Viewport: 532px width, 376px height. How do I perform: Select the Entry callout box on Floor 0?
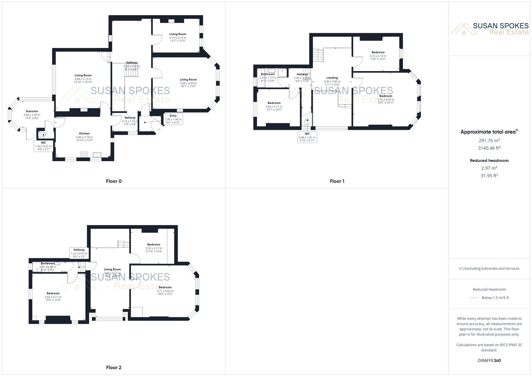click(173, 119)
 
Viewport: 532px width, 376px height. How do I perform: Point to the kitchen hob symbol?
click(84, 155)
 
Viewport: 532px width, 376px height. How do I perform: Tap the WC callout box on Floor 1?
click(307, 137)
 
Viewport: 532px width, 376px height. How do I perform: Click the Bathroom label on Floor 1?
click(268, 74)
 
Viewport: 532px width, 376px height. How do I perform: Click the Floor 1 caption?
click(337, 181)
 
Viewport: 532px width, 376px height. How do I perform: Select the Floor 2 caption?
click(114, 367)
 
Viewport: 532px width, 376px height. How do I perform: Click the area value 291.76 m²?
click(489, 140)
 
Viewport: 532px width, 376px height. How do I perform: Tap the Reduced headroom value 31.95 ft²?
click(489, 175)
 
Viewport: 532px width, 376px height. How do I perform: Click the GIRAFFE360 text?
click(489, 360)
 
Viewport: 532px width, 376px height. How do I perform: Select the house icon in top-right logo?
click(463, 29)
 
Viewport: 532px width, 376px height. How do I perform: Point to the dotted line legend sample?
click(474, 298)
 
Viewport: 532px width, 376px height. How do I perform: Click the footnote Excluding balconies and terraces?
click(489, 268)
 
